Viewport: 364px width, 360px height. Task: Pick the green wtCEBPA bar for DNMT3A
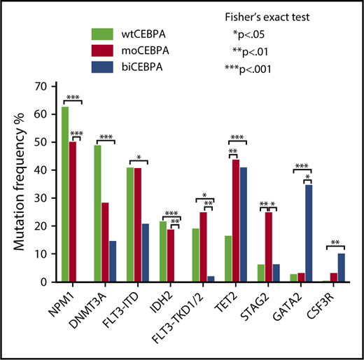pyautogui.click(x=98, y=214)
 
